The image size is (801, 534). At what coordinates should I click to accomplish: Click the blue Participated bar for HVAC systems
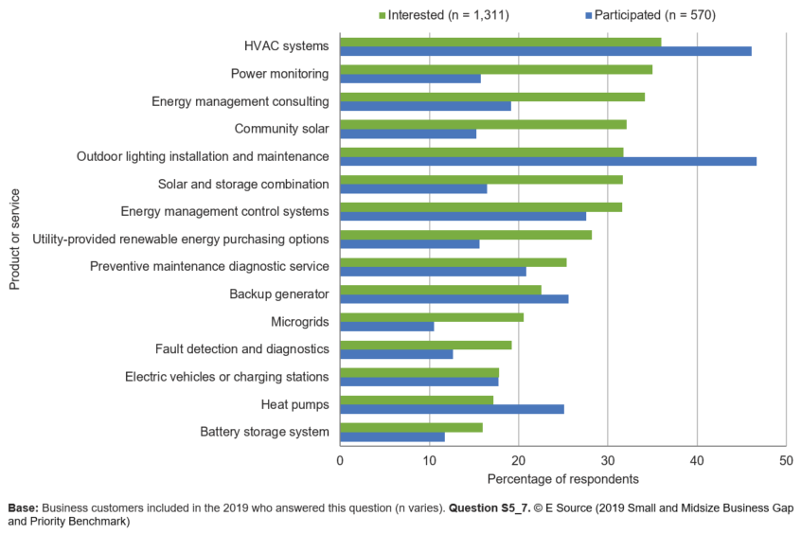click(x=545, y=51)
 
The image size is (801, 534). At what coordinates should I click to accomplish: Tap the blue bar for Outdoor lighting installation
click(x=548, y=161)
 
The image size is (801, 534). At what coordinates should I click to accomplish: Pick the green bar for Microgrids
click(x=432, y=317)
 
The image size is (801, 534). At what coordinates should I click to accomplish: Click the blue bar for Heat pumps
click(x=452, y=409)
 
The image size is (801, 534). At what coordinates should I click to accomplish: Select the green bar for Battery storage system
click(x=411, y=427)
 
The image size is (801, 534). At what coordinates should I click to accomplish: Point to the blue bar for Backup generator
click(x=454, y=299)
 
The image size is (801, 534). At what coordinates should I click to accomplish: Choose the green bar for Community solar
click(x=483, y=124)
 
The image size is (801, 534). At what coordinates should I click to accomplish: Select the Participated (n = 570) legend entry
click(x=648, y=15)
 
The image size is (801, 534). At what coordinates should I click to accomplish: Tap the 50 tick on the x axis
click(x=785, y=460)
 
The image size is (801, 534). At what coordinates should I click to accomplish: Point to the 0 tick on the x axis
click(x=340, y=460)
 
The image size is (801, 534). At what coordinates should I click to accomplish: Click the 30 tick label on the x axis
click(x=607, y=460)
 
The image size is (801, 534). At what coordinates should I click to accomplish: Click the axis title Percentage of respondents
click(x=562, y=479)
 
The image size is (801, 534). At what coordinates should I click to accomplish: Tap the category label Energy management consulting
click(x=240, y=101)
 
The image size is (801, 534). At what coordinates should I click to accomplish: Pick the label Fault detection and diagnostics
click(x=242, y=349)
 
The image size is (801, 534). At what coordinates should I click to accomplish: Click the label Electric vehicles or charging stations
click(x=227, y=377)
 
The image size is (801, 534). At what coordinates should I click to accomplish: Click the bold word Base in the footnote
click(x=23, y=507)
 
